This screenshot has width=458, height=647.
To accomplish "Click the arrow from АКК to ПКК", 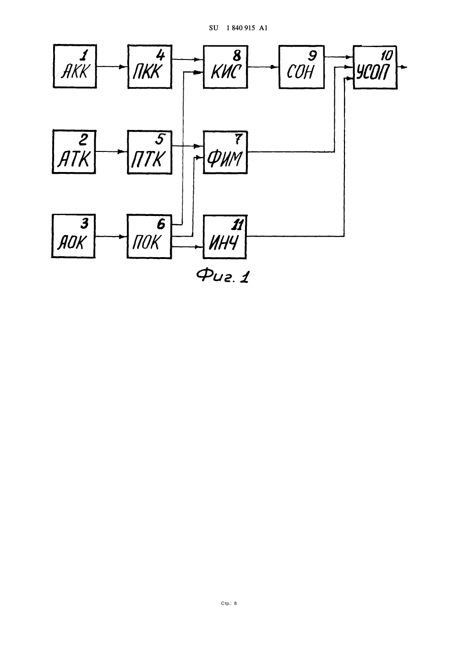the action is (x=112, y=67).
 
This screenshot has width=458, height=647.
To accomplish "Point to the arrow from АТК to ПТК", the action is (x=112, y=151).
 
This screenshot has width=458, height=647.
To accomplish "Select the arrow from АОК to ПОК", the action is (x=111, y=237).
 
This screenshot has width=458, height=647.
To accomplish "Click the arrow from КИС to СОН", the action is (x=263, y=67).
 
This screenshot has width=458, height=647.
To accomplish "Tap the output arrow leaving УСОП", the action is (x=402, y=68).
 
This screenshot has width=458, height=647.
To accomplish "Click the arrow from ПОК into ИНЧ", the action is (x=187, y=247).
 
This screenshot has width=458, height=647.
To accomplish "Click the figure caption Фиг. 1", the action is (x=223, y=276).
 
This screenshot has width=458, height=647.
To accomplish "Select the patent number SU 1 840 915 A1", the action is (x=238, y=28).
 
